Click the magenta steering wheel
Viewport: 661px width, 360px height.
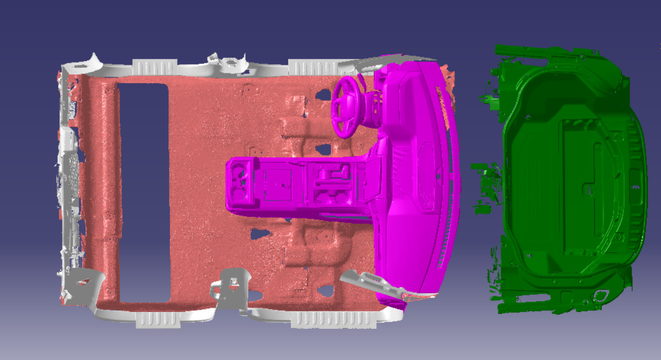pyautogui.click(x=348, y=105)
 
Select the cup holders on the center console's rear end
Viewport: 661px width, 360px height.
pyautogui.click(x=241, y=183)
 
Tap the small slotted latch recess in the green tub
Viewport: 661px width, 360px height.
pyautogui.click(x=588, y=189)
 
